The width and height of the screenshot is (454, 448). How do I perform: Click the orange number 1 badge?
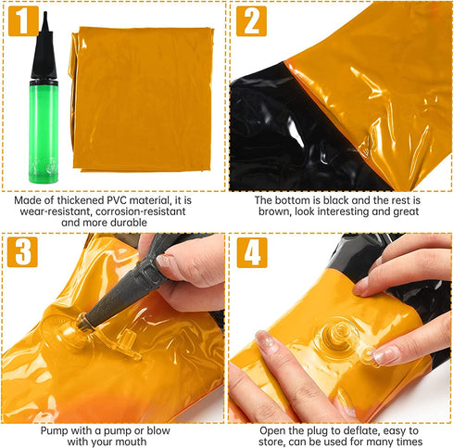pos(23,20)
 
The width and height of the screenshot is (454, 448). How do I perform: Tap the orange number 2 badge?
pos(251,21)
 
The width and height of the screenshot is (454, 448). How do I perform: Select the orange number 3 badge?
pos(22,252)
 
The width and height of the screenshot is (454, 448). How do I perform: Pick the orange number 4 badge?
pos(252,252)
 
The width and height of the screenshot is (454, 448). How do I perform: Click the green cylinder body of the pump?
pos(44,132)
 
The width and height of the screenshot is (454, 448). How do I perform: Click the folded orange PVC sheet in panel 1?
pos(142,99)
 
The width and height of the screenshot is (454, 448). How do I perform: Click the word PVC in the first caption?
pos(117,200)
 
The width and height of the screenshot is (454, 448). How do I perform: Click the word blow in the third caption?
pos(158,430)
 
